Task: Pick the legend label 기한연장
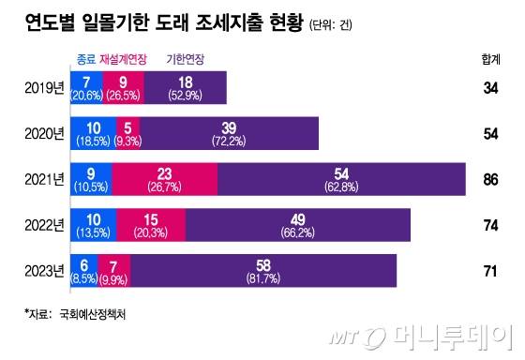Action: pyautogui.click(x=185, y=59)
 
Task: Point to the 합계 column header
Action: pyautogui.click(x=489, y=59)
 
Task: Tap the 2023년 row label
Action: pyautogui.click(x=43, y=271)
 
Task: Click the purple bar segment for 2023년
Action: pyautogui.click(x=263, y=271)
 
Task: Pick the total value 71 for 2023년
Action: pyautogui.click(x=489, y=271)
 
